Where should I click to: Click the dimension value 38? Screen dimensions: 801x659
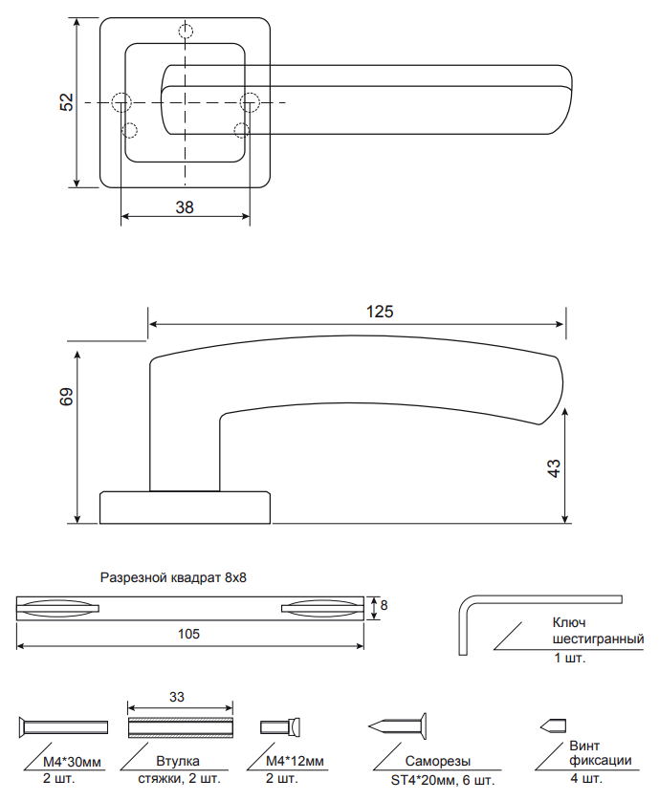point(185,206)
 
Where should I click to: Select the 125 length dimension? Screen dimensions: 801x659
point(380,312)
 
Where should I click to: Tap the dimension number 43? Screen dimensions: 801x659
point(553,468)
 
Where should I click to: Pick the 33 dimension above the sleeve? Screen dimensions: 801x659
point(177,698)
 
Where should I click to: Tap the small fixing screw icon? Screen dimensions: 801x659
point(555,724)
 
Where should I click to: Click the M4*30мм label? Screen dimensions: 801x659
point(73,762)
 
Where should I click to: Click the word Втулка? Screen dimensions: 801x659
point(177,762)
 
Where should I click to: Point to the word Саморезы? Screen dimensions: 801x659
point(437,762)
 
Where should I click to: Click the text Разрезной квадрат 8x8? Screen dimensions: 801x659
point(173,578)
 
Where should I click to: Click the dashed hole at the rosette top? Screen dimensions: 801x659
point(186,32)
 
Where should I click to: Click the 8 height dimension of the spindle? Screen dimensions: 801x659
point(384,606)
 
